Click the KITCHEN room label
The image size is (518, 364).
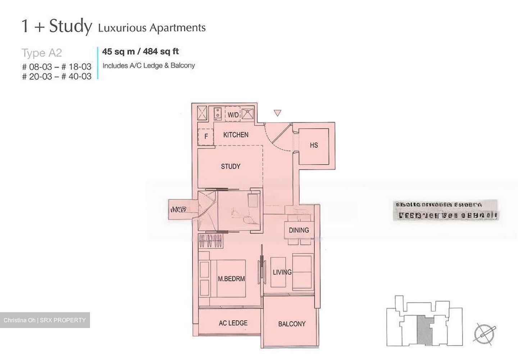click(x=236, y=135)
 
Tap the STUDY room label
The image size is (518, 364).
click(x=231, y=167)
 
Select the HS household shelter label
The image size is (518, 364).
click(x=314, y=145)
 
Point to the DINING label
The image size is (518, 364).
click(x=299, y=230)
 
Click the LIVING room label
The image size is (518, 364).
click(x=282, y=272)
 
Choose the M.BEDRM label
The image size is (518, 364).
click(x=231, y=279)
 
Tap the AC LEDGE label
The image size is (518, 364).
click(x=233, y=323)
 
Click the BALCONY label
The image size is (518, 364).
click(x=292, y=324)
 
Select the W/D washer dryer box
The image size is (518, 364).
click(x=233, y=115)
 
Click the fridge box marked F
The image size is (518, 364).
click(x=206, y=137)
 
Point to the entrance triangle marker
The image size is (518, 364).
click(x=277, y=113)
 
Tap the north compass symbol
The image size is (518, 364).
click(x=484, y=333)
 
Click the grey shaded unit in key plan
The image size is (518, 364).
click(x=424, y=331)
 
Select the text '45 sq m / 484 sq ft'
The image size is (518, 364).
click(x=140, y=52)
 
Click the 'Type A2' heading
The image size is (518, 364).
click(x=42, y=53)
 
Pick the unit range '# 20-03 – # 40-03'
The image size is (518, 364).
click(x=57, y=76)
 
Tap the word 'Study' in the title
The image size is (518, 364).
click(x=71, y=27)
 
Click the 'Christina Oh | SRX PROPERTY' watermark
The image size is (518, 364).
click(x=45, y=320)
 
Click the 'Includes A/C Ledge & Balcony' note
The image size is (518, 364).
click(x=149, y=66)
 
